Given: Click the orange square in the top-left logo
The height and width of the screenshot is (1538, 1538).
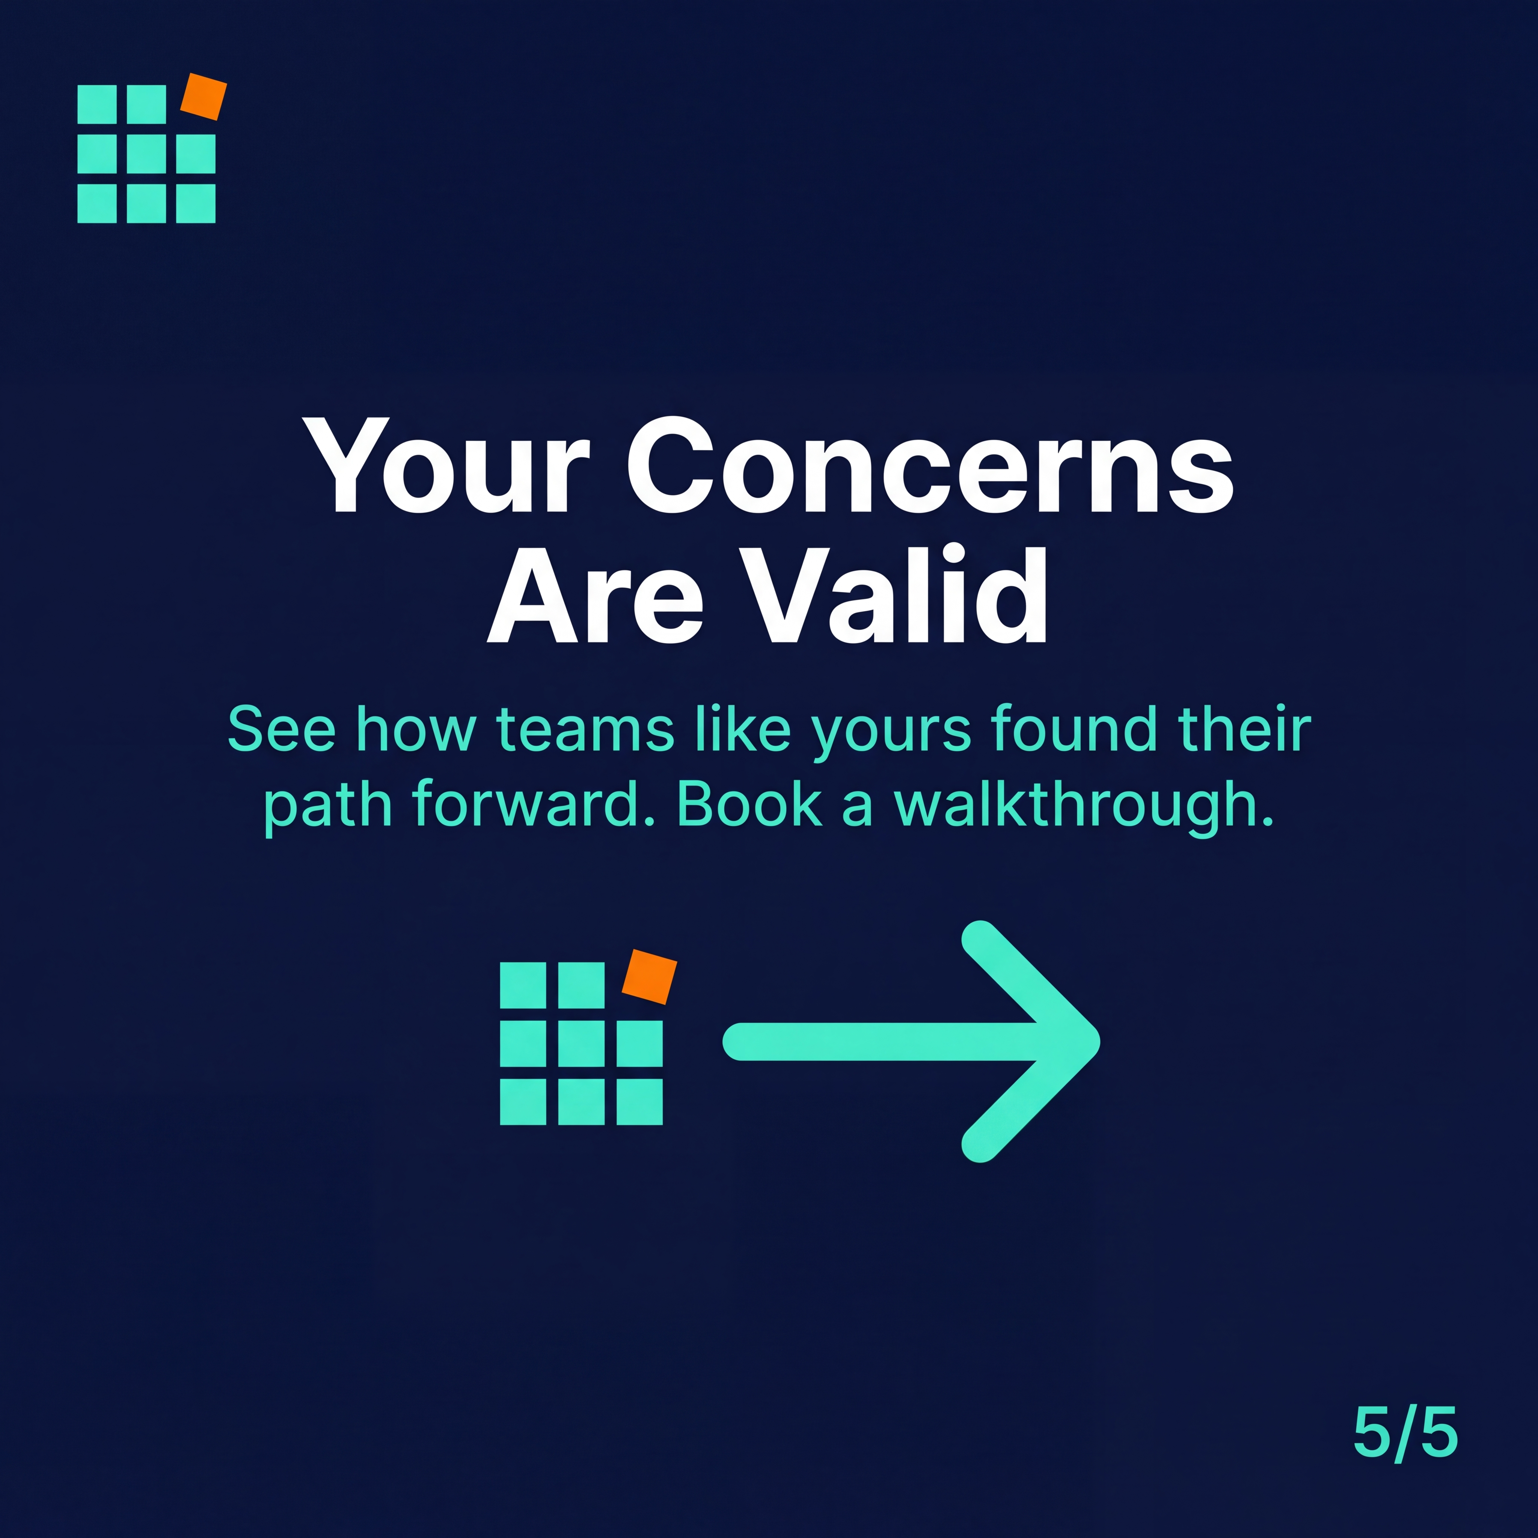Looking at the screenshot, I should tap(204, 97).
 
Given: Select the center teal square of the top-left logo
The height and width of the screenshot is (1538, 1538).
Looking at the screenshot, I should tap(146, 154).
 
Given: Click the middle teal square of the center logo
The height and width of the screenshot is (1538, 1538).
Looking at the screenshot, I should tap(581, 1043).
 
